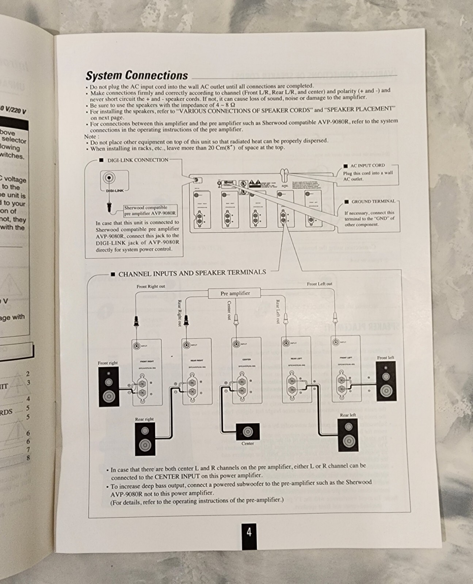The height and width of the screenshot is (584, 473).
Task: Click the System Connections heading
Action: pyautogui.click(x=137, y=75)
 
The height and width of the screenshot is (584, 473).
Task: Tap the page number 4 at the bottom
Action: pyautogui.click(x=249, y=532)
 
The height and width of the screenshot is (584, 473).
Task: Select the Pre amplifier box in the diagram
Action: pyautogui.click(x=235, y=293)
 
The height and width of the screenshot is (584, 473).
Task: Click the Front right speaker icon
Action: pyautogui.click(x=108, y=387)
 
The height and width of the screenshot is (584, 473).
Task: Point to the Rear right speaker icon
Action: pyautogui.click(x=145, y=439)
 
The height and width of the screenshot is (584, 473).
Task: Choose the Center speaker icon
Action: pyautogui.click(x=248, y=432)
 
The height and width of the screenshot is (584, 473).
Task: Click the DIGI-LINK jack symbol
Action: pyautogui.click(x=109, y=178)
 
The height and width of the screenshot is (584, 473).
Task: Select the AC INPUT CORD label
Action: pyautogui.click(x=367, y=165)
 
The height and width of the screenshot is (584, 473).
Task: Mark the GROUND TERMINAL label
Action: pyautogui.click(x=373, y=201)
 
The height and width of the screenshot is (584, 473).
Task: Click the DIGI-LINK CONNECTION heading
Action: pyautogui.click(x=138, y=160)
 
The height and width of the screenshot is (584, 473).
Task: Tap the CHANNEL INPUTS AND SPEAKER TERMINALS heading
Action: pyautogui.click(x=192, y=273)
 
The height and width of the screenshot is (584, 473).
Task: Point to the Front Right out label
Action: pyautogui.click(x=150, y=287)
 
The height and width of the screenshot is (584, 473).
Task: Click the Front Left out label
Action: pyautogui.click(x=319, y=284)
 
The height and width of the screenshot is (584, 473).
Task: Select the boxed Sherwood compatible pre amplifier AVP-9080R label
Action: pyautogui.click(x=150, y=211)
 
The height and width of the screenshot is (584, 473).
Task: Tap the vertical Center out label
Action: pyautogui.click(x=229, y=311)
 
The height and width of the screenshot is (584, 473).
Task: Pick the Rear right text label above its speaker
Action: pyautogui.click(x=144, y=419)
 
